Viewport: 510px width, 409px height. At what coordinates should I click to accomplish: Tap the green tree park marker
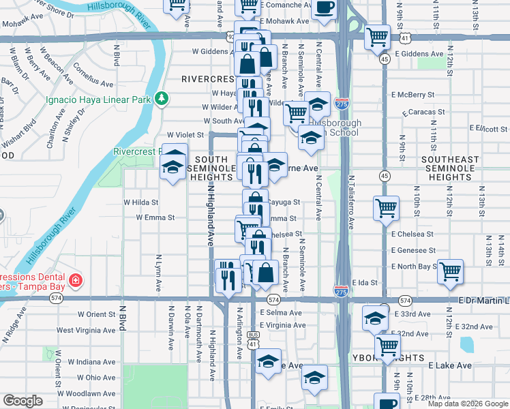pos(162,99)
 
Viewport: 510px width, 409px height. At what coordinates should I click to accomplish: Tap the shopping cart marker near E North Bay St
pos(450,271)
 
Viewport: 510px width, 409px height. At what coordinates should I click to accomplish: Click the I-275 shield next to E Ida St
pos(342,290)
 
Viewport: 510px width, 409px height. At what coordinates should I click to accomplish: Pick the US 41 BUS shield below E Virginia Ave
pos(253,339)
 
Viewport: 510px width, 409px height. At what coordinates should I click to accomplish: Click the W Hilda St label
pos(140,202)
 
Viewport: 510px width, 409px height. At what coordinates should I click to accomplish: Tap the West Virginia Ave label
pos(85,330)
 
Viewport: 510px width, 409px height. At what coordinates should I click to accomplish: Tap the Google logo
pos(23,401)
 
